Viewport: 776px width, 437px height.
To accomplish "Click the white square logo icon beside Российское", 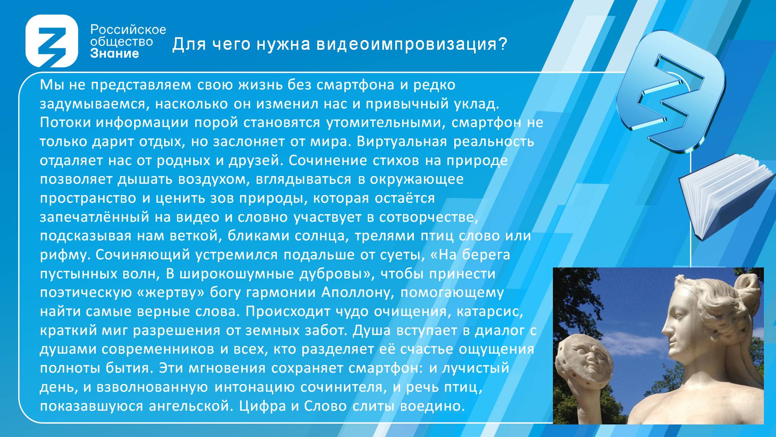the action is coord(52,41).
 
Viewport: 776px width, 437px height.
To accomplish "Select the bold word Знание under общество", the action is coord(114,53).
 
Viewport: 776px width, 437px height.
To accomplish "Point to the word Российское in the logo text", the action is coord(128,30).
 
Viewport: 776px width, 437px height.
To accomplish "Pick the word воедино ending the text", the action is coord(432,406).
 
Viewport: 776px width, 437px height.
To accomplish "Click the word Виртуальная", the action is coord(402,142).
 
